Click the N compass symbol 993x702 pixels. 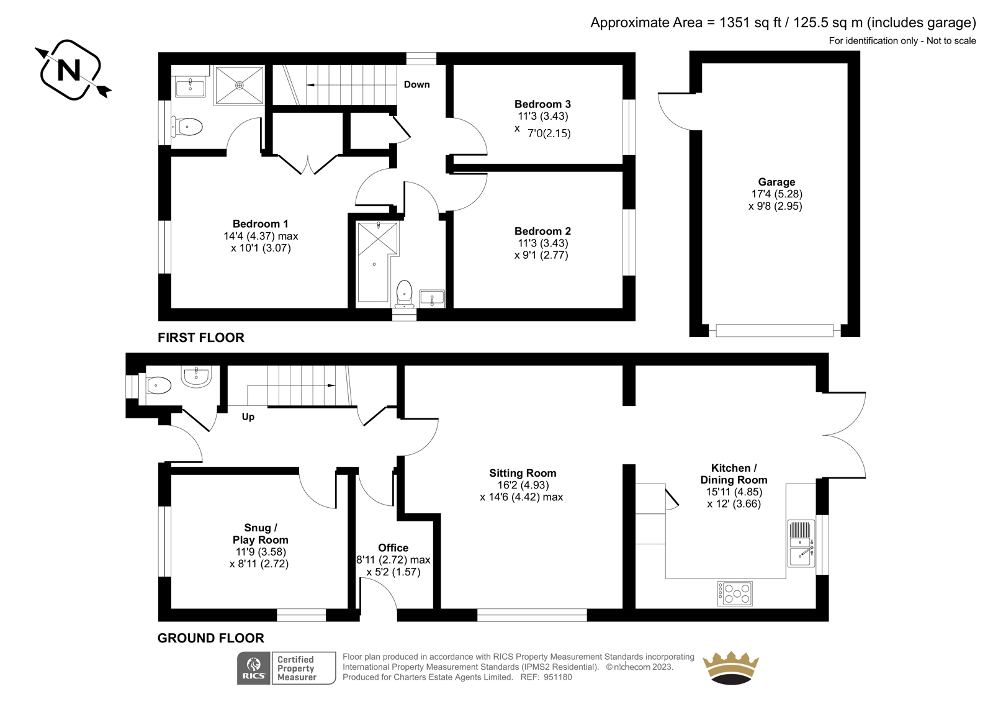70,70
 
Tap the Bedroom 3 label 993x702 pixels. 542,104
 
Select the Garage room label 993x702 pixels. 776,182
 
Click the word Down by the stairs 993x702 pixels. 416,84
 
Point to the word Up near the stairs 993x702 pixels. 248,417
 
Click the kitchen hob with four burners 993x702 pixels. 735,593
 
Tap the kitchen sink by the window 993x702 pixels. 801,544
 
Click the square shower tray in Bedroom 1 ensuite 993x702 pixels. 240,85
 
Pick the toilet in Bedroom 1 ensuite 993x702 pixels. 187,127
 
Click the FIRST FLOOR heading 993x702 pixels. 201,338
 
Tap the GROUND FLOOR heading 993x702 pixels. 210,638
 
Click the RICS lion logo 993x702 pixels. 254,668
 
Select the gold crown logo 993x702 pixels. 731,667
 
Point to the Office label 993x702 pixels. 393,547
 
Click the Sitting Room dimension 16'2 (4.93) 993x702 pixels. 523,485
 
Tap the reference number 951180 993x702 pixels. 558,677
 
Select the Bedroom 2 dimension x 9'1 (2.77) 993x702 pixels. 541,255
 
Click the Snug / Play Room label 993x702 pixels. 260,534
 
